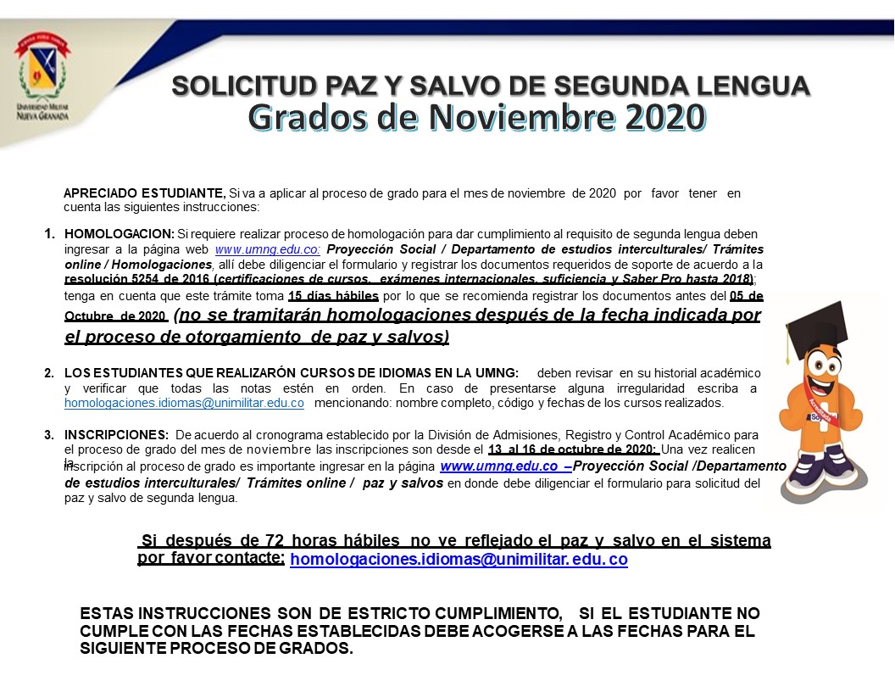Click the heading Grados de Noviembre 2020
pyautogui.click(x=476, y=117)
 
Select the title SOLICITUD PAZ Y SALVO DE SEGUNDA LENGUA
pyautogui.click(x=491, y=86)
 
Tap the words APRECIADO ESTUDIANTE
pyautogui.click(x=144, y=193)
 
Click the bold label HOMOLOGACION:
pyautogui.click(x=119, y=234)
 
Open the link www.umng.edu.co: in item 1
pyautogui.click(x=268, y=249)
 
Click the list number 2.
pyautogui.click(x=49, y=373)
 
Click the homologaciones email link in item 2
pyautogui.click(x=184, y=403)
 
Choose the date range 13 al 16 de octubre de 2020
pyautogui.click(x=574, y=449)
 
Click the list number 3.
pyautogui.click(x=49, y=435)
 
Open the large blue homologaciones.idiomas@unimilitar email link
pyautogui.click(x=459, y=560)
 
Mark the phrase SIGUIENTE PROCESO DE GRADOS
pyautogui.click(x=216, y=649)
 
